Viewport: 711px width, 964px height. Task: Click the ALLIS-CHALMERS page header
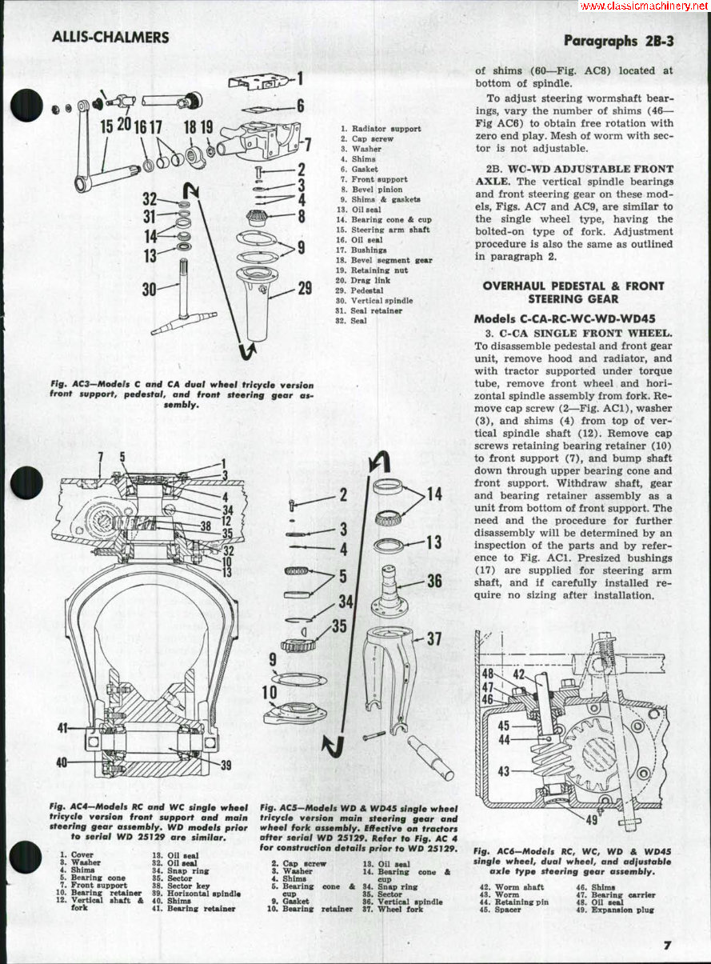click(x=110, y=38)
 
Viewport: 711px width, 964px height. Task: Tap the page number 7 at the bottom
click(x=666, y=945)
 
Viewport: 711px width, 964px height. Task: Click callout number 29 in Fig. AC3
click(x=305, y=288)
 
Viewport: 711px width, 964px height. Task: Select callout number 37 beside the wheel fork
click(x=434, y=638)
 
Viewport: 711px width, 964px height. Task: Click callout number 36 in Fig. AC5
click(x=434, y=582)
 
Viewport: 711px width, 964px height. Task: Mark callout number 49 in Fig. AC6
click(x=591, y=819)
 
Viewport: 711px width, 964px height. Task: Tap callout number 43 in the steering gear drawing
click(x=504, y=771)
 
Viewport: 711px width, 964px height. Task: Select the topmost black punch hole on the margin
click(x=26, y=105)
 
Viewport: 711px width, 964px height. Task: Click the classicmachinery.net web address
click(x=644, y=6)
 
